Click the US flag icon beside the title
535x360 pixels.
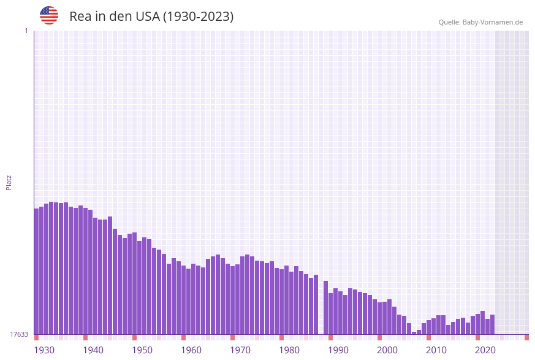(x=49, y=15)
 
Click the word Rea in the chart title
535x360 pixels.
(x=80, y=17)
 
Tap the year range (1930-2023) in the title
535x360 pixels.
(x=198, y=17)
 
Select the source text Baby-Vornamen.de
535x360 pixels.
(x=493, y=22)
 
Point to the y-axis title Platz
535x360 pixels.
(x=9, y=182)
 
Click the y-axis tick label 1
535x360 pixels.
(x=26, y=31)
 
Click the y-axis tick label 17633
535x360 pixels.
(x=19, y=334)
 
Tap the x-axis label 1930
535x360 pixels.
(x=44, y=350)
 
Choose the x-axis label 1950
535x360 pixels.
(x=142, y=350)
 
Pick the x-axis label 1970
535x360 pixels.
(x=240, y=350)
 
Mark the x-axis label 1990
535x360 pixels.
(x=338, y=350)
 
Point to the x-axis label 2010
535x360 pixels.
(x=436, y=350)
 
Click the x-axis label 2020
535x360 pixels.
(x=485, y=350)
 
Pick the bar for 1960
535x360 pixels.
(x=184, y=300)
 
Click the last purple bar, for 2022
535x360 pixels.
(x=493, y=324)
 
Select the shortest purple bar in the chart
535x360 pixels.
(x=414, y=333)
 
